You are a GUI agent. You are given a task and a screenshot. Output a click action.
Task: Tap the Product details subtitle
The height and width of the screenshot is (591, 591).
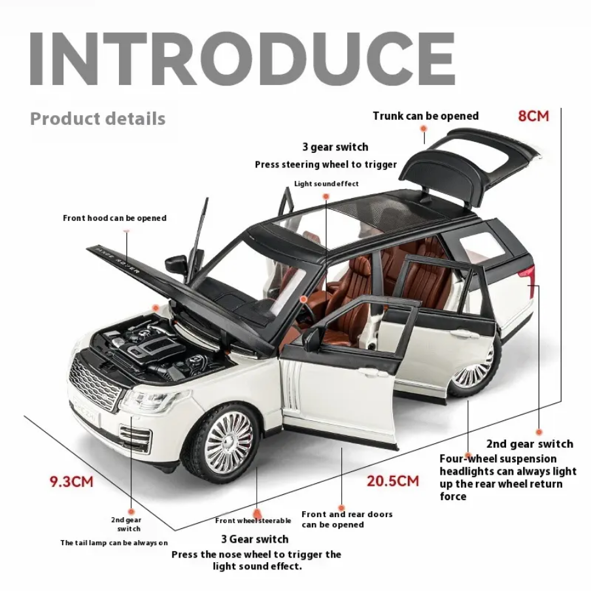point(97,119)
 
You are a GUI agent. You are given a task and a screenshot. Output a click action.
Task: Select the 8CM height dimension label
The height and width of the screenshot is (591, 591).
point(533,116)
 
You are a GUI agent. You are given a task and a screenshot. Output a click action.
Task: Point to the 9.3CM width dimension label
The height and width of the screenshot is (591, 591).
point(72,482)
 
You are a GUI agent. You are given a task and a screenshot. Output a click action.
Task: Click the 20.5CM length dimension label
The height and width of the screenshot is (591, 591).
point(392,482)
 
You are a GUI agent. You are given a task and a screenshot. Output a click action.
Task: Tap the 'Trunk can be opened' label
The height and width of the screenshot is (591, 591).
point(426,116)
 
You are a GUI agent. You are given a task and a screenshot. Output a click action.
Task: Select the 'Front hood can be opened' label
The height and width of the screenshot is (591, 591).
point(114,218)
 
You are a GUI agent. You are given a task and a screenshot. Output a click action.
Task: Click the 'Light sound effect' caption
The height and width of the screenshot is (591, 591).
point(326,184)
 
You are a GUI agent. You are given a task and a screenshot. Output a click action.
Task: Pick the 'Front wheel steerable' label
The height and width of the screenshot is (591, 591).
point(253,521)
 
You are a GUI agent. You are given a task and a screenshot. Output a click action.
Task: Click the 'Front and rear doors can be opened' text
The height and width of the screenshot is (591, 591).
point(347,520)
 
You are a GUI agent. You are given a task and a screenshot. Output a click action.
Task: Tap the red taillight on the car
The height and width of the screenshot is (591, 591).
point(526,275)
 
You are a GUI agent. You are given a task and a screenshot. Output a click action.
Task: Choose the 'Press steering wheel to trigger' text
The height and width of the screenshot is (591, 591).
point(326,165)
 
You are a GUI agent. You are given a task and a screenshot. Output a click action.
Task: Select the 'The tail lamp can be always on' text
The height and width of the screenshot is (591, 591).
point(114,543)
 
